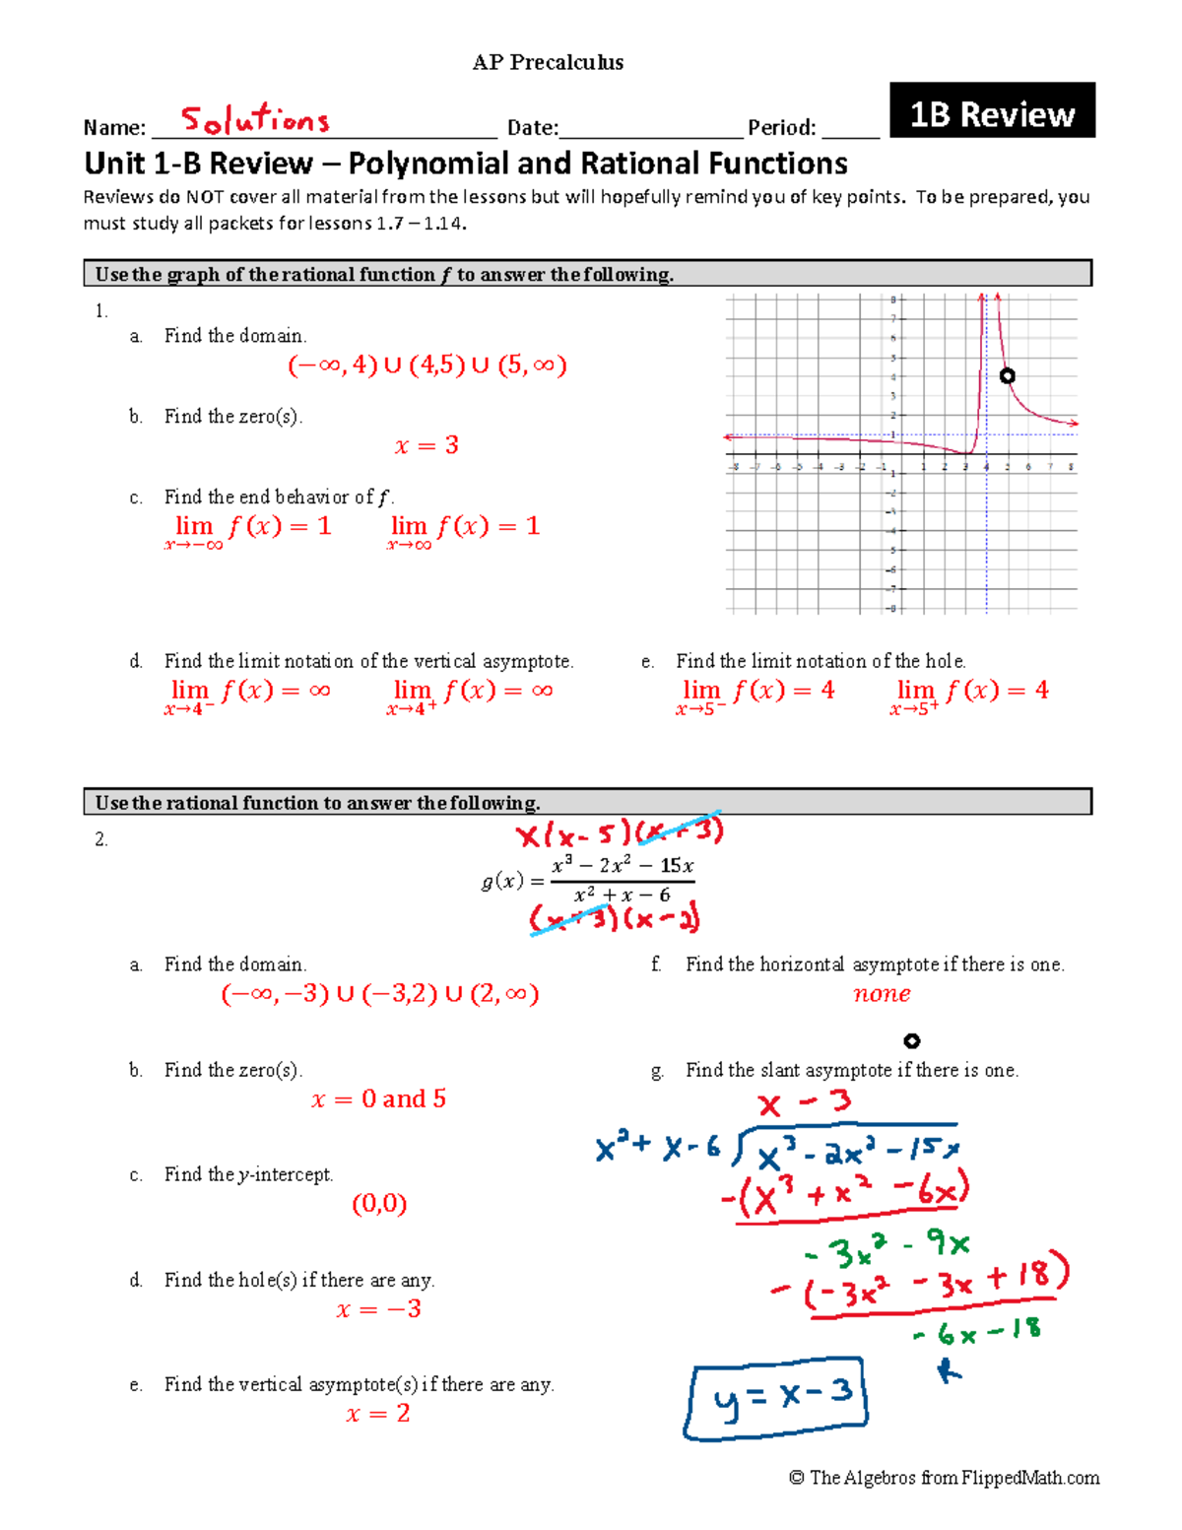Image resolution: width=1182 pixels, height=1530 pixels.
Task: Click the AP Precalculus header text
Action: click(548, 62)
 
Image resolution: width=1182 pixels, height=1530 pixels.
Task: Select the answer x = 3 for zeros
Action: click(427, 445)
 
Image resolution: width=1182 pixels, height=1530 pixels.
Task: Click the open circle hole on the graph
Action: click(1007, 375)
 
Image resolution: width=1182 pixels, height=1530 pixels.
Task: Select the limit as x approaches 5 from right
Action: click(969, 694)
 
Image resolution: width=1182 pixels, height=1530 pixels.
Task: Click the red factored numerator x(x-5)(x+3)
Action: click(620, 833)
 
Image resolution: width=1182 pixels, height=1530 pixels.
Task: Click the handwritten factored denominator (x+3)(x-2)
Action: click(615, 918)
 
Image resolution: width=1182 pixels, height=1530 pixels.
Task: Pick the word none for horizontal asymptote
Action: click(882, 993)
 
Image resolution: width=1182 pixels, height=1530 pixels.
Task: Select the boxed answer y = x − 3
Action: click(777, 1397)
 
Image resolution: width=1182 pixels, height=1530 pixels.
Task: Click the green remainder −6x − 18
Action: click(977, 1332)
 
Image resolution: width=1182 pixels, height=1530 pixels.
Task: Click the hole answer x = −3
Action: click(378, 1308)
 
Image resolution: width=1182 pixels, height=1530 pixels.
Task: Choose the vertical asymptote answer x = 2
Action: click(377, 1414)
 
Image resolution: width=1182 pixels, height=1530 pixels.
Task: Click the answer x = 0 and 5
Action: click(378, 1098)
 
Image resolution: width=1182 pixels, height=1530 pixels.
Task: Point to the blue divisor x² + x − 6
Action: click(658, 1148)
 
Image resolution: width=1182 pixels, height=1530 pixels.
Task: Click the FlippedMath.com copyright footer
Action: click(944, 1477)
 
